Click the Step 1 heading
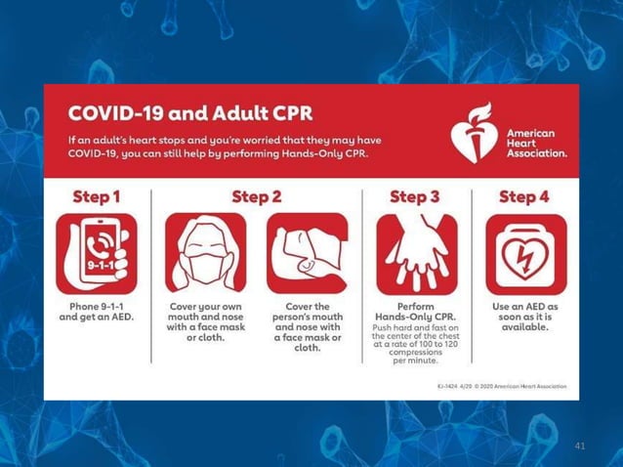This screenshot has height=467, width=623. tap(96, 196)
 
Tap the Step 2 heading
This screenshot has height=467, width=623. tap(256, 196)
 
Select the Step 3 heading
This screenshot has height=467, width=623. tap(415, 196)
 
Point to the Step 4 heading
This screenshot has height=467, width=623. tap(524, 196)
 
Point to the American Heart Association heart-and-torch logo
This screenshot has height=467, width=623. tap(475, 134)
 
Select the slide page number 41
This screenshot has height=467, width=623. tap(580, 446)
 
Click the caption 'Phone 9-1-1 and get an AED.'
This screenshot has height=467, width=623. tap(96, 312)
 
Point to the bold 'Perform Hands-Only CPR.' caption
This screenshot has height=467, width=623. tap(416, 312)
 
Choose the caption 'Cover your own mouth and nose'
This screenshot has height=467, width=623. tap(205, 312)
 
